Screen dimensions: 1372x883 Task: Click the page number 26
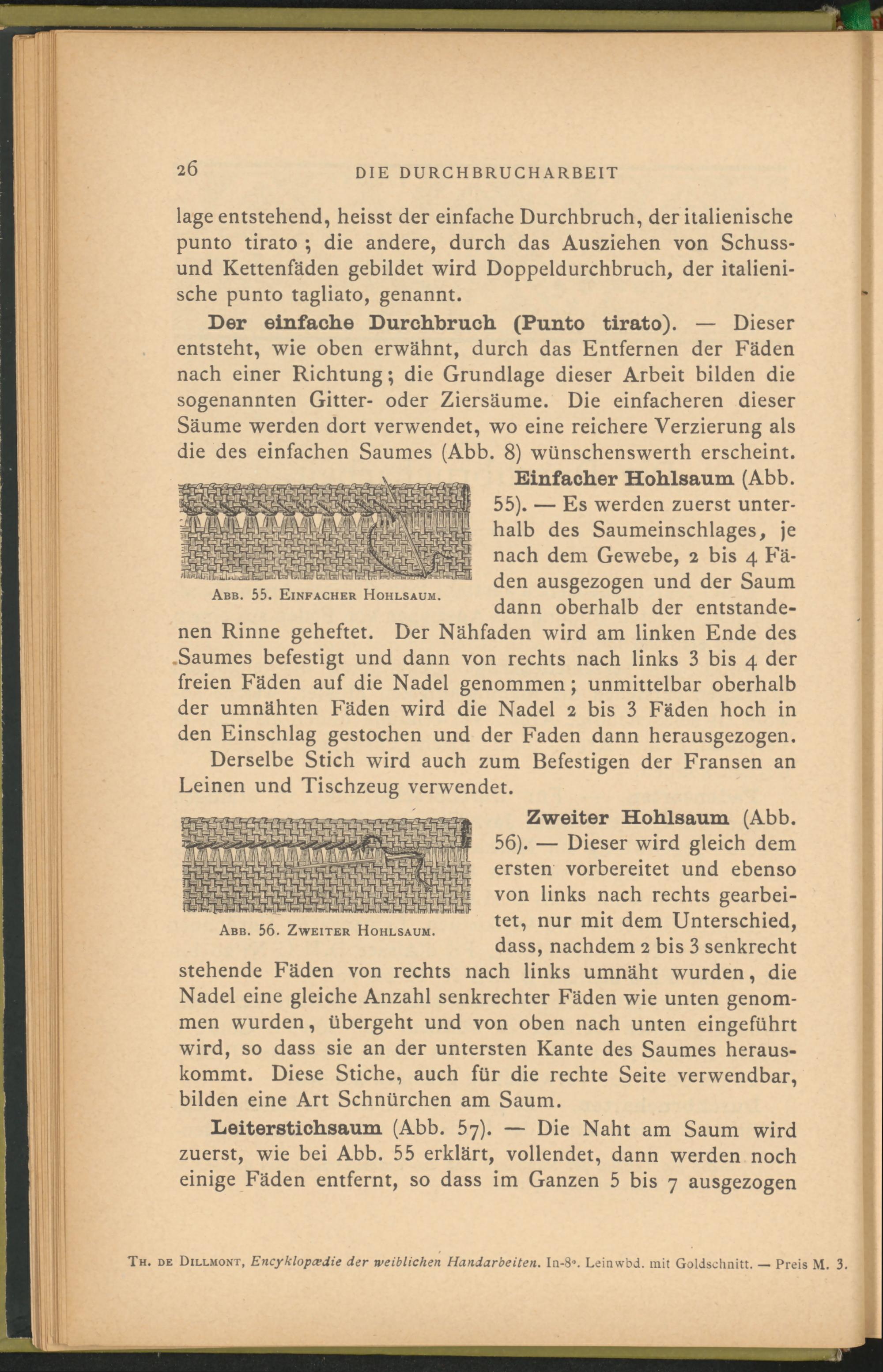click(188, 170)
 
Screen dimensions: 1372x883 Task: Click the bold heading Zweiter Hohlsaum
click(628, 817)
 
